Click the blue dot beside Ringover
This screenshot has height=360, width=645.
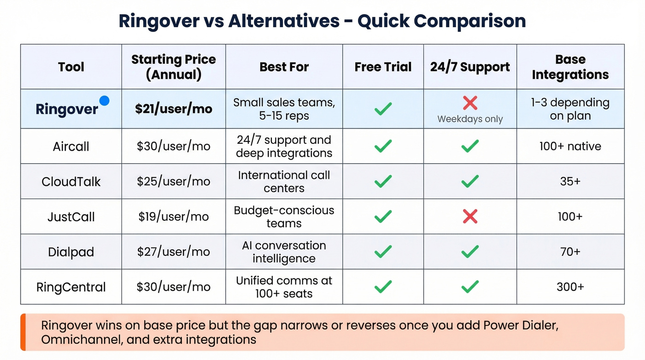click(105, 100)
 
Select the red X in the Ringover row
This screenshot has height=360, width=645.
click(470, 103)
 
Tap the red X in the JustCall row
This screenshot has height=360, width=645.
click(470, 216)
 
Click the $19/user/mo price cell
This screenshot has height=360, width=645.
click(173, 217)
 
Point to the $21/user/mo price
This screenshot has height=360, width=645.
click(173, 109)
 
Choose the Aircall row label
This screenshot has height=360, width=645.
click(71, 147)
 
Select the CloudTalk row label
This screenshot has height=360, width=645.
click(71, 182)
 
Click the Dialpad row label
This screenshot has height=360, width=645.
click(71, 252)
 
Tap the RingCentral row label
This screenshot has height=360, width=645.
click(71, 287)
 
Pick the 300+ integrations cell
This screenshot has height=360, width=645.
click(570, 287)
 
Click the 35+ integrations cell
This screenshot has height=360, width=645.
click(570, 182)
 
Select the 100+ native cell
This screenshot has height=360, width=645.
click(570, 147)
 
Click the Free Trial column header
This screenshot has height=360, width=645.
click(383, 67)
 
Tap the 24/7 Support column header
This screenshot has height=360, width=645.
click(470, 67)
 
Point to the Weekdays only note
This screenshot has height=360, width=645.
click(470, 119)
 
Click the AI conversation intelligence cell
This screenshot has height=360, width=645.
click(284, 252)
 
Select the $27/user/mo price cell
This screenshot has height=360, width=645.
click(173, 252)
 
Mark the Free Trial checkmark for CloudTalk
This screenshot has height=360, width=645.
click(383, 182)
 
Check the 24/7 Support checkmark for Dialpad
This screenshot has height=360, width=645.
click(470, 252)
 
